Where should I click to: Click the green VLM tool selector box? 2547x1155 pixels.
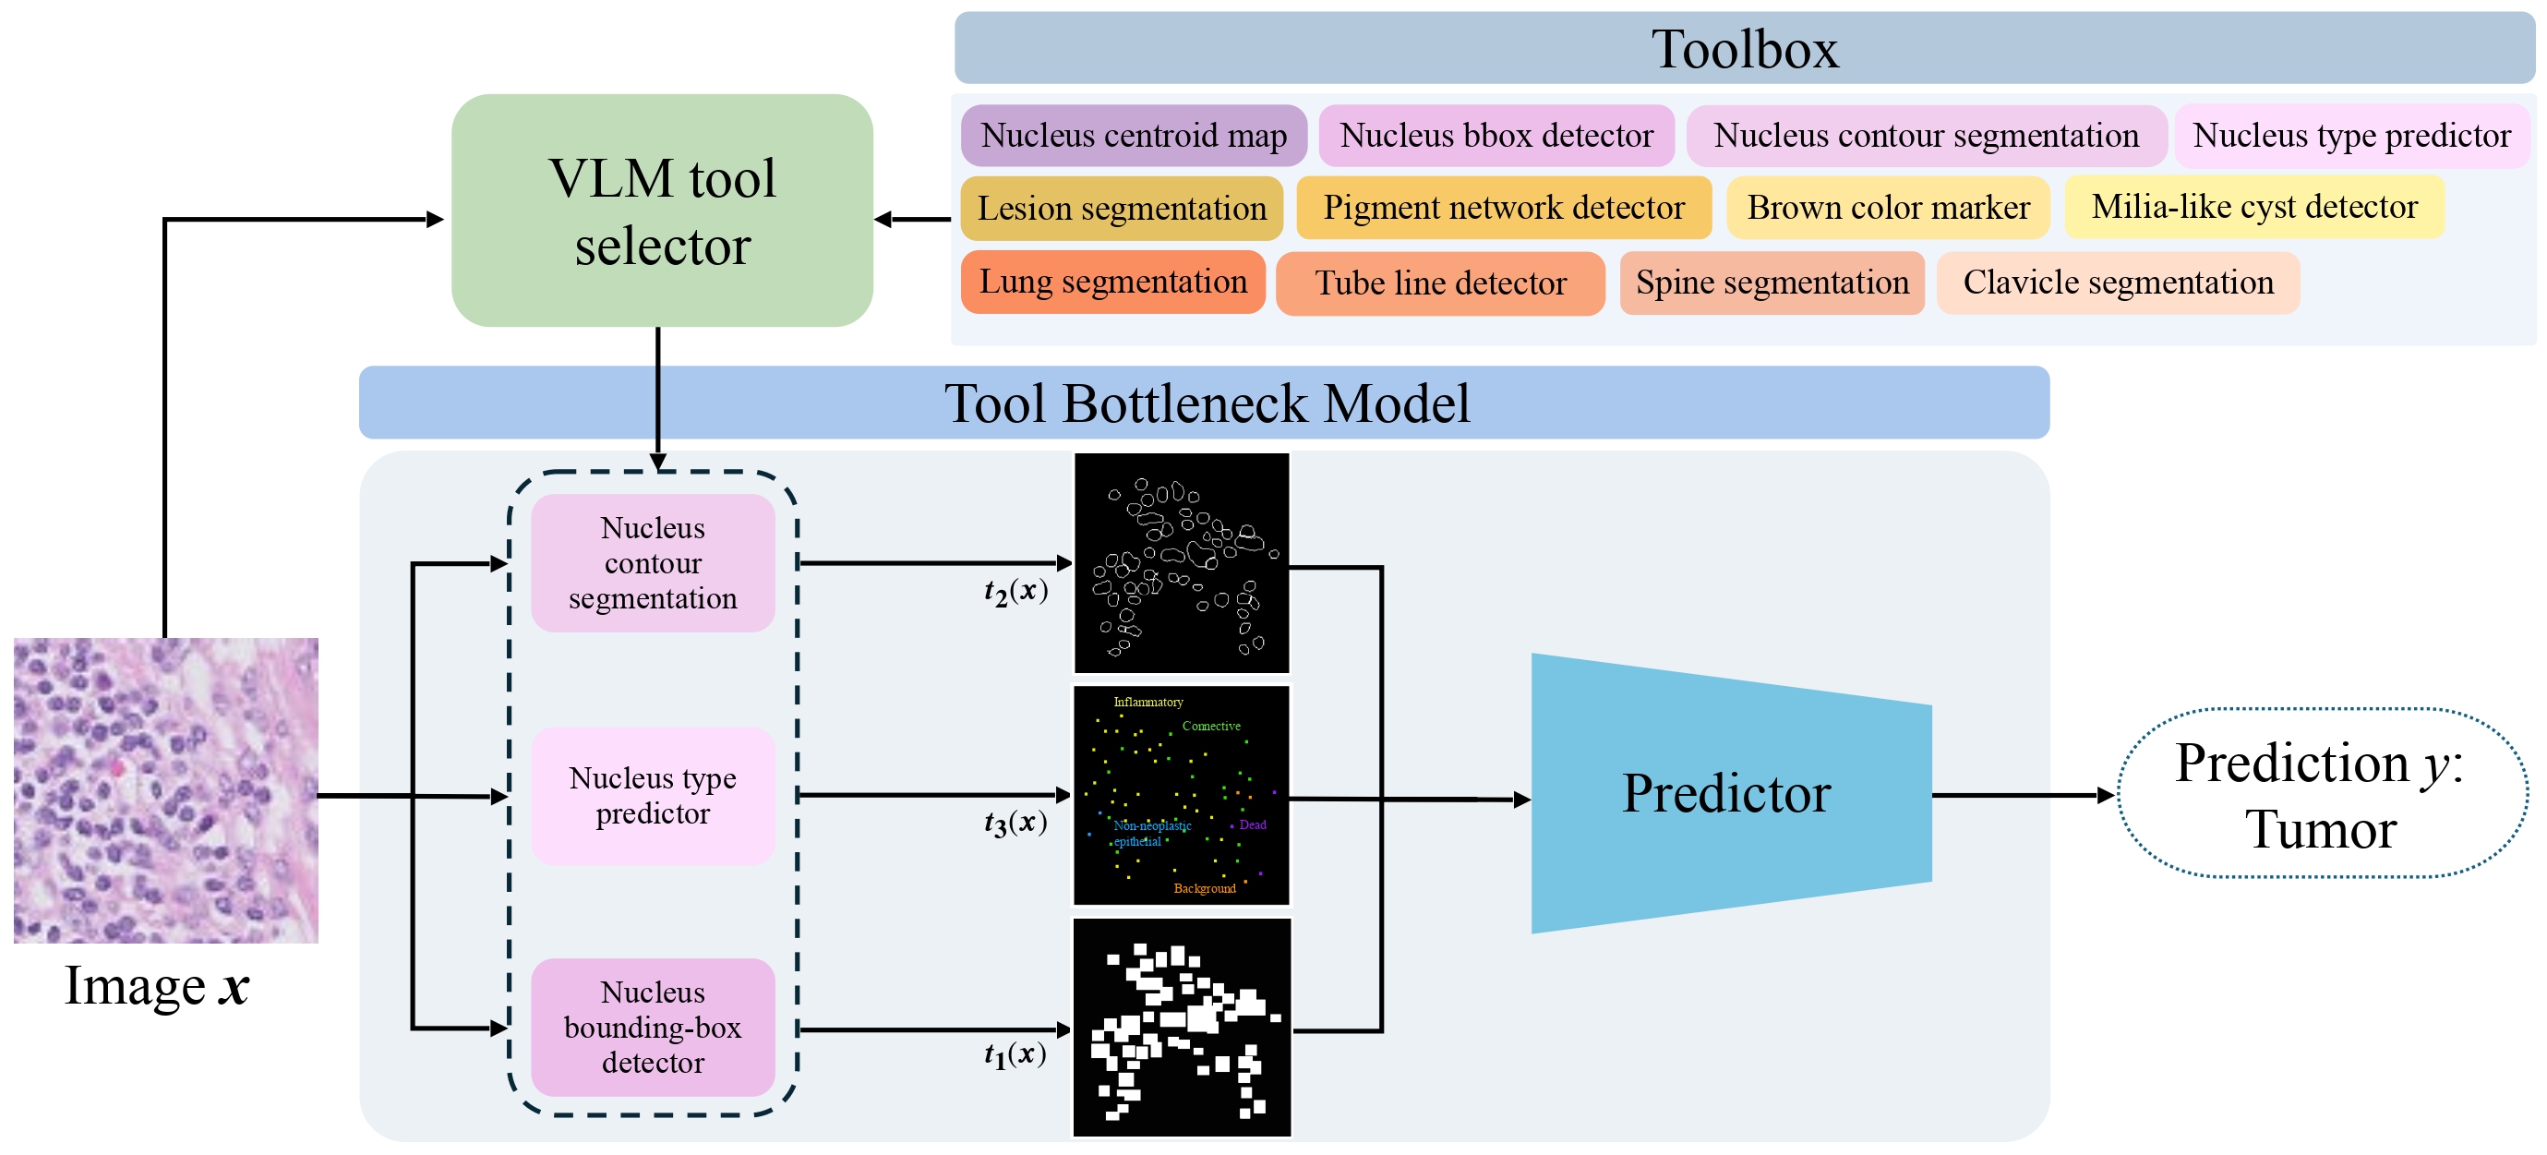[x=662, y=210]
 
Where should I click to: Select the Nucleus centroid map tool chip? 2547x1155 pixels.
[x=1133, y=136]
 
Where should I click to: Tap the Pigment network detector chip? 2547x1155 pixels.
[x=1503, y=208]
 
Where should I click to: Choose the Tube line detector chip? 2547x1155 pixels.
[x=1439, y=283]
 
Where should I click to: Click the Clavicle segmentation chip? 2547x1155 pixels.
[x=2117, y=283]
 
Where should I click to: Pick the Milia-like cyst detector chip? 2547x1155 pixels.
[x=2253, y=207]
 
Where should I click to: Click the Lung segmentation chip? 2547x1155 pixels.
[x=1112, y=282]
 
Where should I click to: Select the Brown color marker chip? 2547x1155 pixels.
[x=1888, y=208]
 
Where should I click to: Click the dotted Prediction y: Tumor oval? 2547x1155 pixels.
[x=2320, y=794]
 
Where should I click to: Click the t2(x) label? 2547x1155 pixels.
[x=1015, y=591]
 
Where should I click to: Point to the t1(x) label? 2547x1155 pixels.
[x=1015, y=1054]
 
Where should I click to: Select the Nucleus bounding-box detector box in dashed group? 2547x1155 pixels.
[x=653, y=1027]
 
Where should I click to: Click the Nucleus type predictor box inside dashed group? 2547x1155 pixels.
[x=653, y=795]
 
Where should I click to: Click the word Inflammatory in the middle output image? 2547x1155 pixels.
[x=1147, y=702]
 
